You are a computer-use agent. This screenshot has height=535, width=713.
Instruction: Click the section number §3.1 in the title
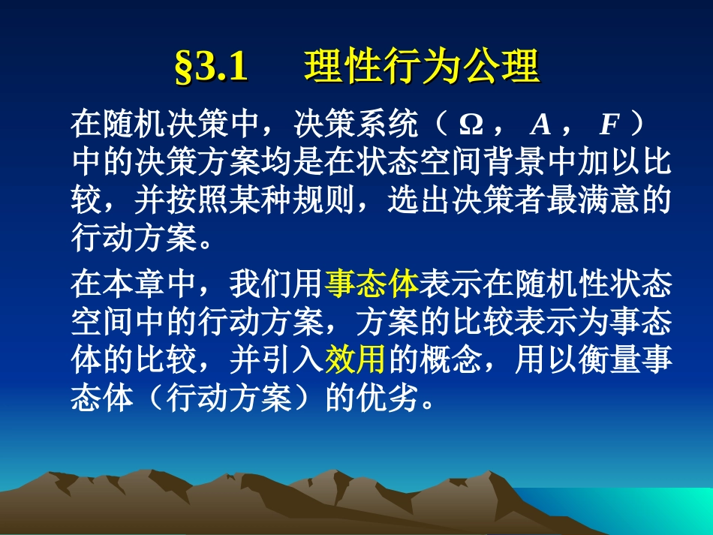tap(211, 68)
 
